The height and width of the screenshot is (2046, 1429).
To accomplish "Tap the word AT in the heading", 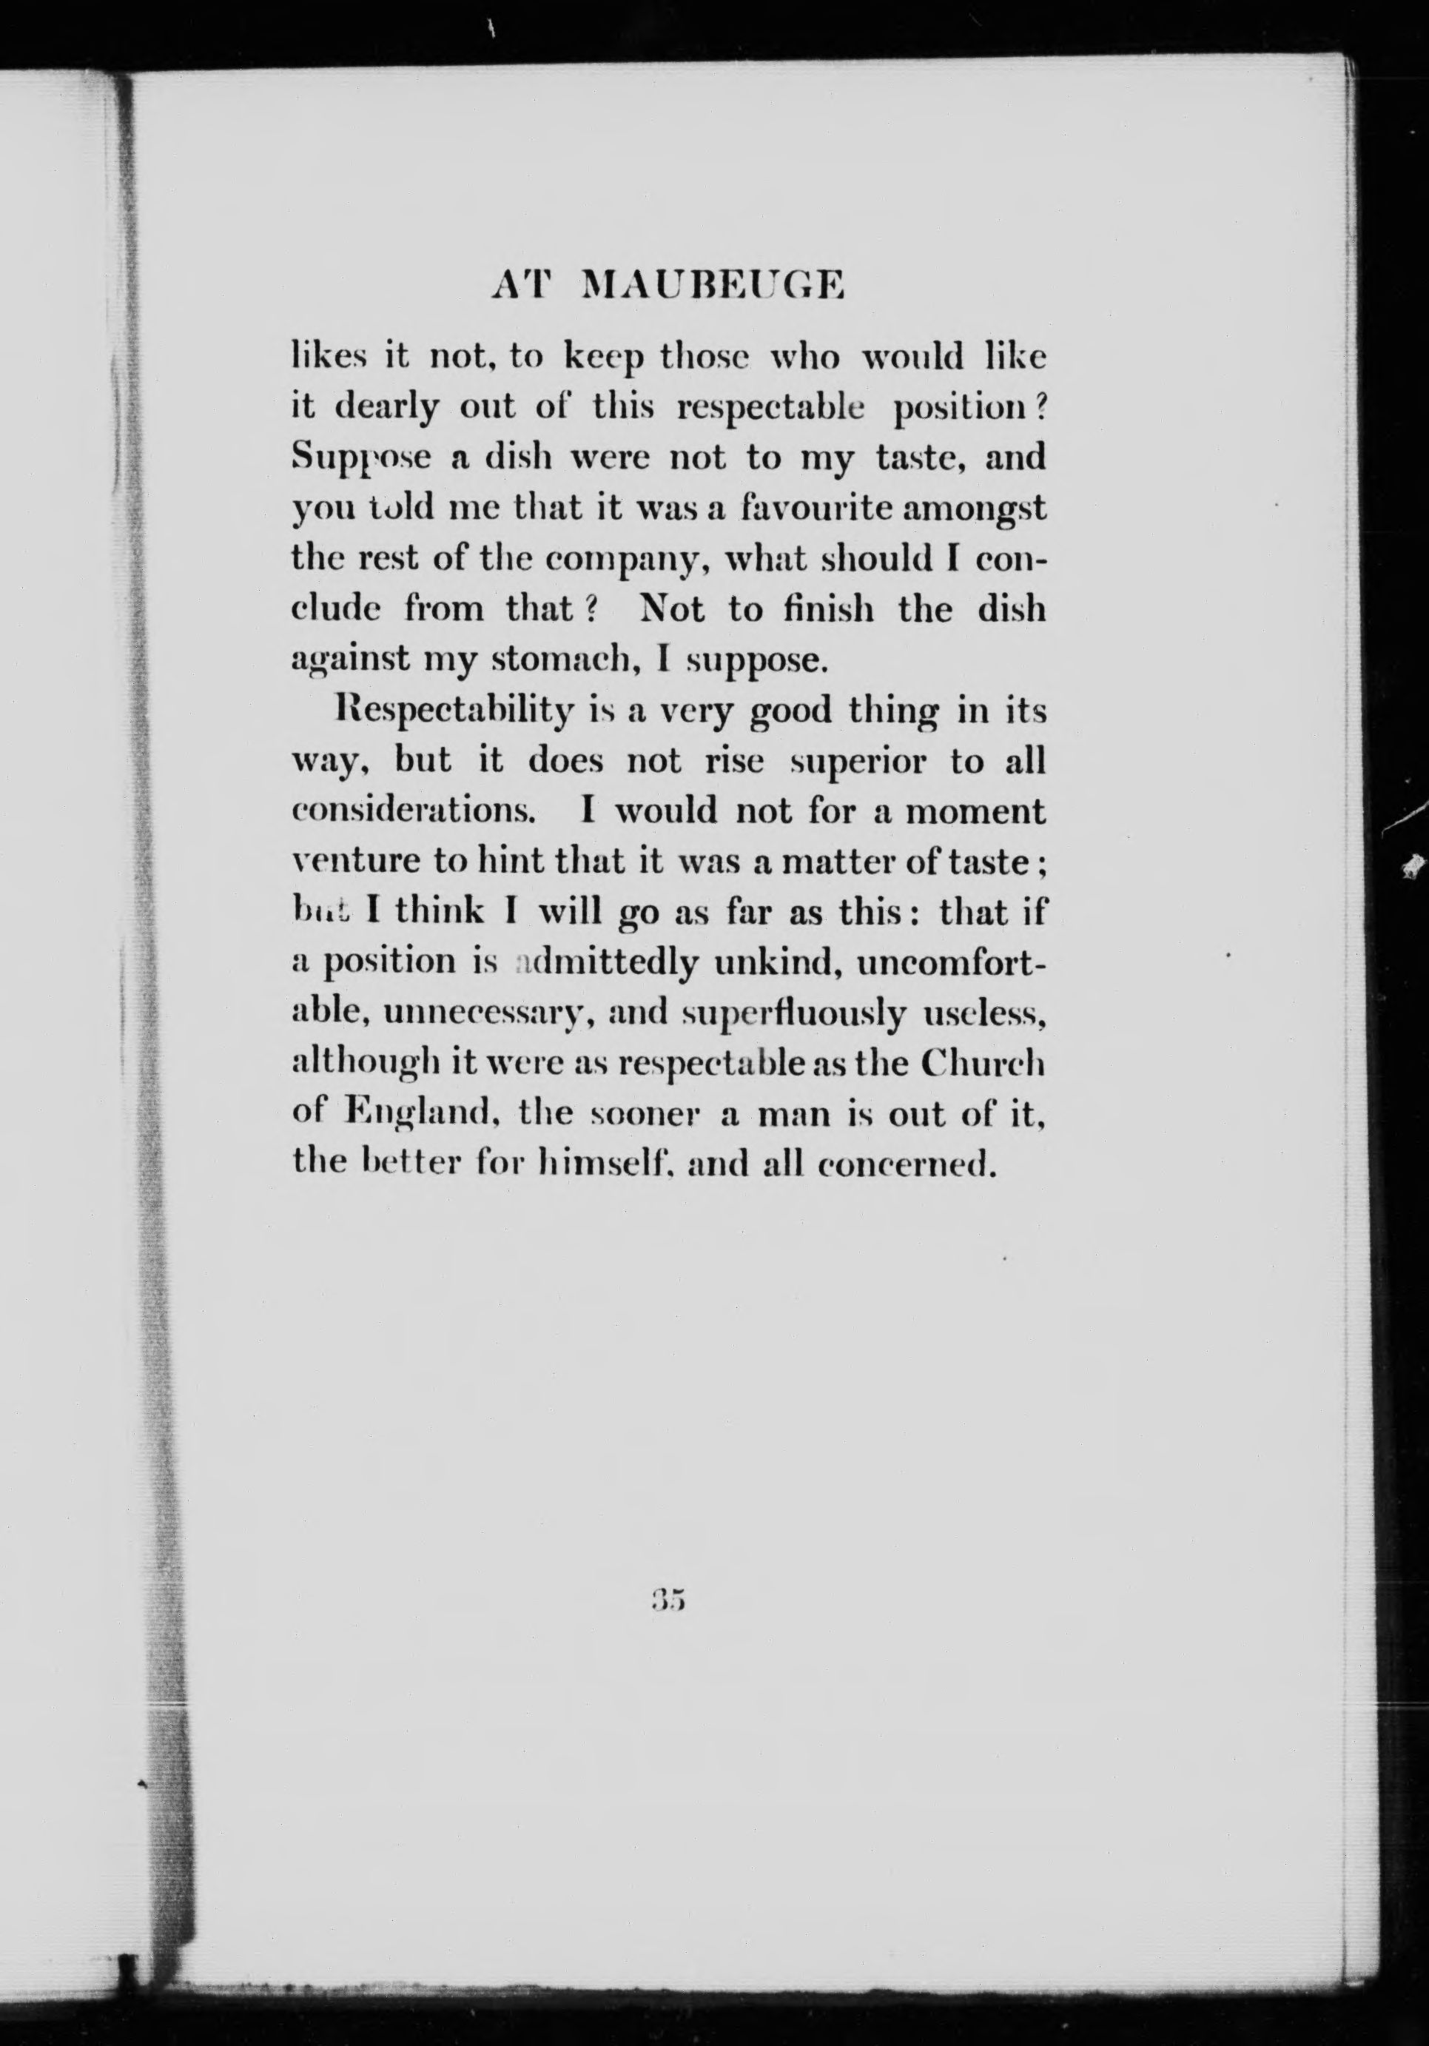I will pyautogui.click(x=522, y=286).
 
